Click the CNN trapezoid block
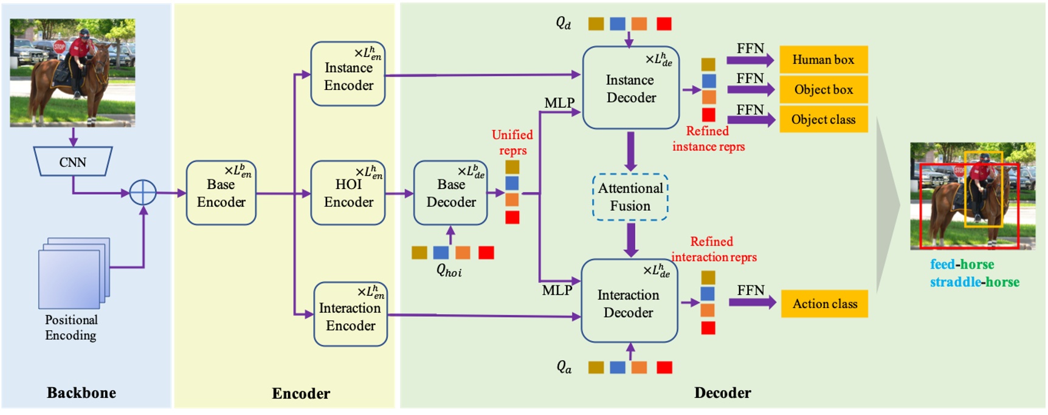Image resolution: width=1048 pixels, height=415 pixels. click(73, 162)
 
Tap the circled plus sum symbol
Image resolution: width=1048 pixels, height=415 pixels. click(143, 193)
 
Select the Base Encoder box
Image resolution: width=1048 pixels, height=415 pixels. click(221, 193)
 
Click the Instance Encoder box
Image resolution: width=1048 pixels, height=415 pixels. click(348, 74)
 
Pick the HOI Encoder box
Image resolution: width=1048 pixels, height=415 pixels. click(348, 193)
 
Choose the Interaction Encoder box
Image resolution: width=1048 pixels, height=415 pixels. click(350, 315)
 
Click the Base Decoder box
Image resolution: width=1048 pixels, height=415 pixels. click(450, 193)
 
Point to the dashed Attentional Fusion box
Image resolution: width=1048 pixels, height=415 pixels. click(630, 197)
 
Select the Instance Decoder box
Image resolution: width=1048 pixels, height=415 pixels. click(630, 88)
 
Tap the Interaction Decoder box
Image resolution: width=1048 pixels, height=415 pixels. click(629, 302)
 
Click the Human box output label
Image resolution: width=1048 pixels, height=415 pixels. click(823, 60)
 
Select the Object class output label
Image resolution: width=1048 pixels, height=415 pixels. click(823, 120)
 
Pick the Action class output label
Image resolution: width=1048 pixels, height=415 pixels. click(824, 304)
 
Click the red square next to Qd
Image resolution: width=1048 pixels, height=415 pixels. click(664, 24)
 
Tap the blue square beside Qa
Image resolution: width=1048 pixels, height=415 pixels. click(617, 368)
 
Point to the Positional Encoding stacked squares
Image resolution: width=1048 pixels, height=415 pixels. click(73, 273)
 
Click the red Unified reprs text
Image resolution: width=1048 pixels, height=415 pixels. click(512, 142)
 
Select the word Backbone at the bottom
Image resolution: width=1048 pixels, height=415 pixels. click(81, 393)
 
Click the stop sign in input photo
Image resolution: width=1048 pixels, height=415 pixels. click(59, 47)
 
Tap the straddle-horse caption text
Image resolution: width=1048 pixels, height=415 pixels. click(974, 282)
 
